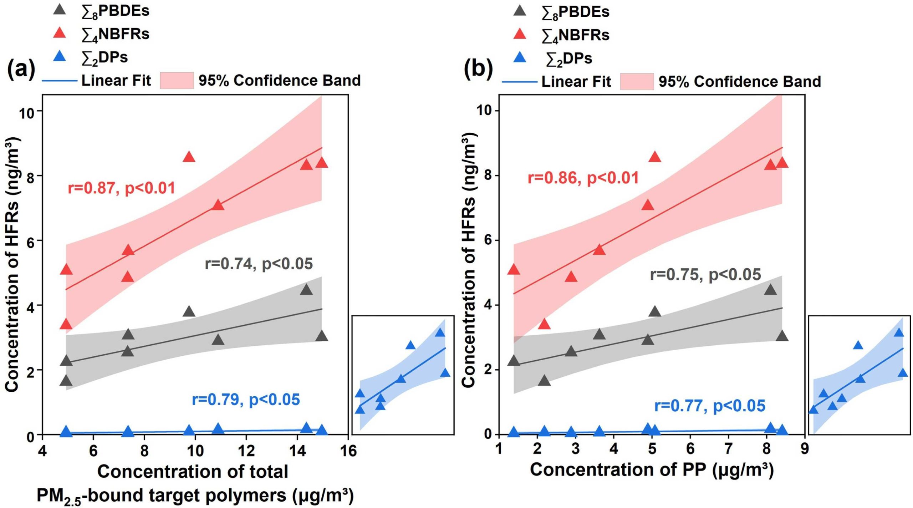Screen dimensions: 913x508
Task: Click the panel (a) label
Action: [21, 70]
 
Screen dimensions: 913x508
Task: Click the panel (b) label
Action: [478, 70]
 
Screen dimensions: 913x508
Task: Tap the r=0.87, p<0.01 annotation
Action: [122, 188]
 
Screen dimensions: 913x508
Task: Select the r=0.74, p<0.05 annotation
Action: [259, 264]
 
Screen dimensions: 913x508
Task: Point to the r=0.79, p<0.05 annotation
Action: [246, 399]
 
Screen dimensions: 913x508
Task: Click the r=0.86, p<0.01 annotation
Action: [583, 178]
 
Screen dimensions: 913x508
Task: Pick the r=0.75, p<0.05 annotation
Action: [706, 274]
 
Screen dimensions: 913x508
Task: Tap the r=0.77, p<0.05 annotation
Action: [710, 406]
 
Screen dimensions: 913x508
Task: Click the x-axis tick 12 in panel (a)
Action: [246, 451]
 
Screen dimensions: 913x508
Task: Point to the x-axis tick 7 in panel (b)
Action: [728, 448]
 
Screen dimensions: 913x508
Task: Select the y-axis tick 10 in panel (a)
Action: [27, 111]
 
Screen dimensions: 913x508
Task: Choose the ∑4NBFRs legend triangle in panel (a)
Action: [59, 33]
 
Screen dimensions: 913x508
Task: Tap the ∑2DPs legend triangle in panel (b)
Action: [520, 57]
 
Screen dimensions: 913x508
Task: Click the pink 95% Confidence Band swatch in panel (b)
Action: [637, 81]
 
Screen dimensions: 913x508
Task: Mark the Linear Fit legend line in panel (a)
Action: [60, 81]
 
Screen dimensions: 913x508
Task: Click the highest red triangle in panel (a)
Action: [189, 157]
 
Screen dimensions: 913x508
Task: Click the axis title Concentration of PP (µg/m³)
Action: [652, 469]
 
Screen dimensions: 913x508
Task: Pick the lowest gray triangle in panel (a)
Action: [66, 380]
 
